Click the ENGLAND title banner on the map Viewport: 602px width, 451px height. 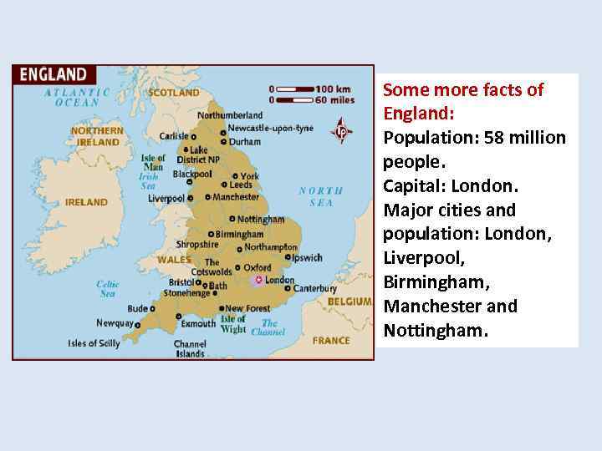[54, 74]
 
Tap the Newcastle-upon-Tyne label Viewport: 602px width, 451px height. [270, 128]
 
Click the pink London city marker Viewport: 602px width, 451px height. [259, 280]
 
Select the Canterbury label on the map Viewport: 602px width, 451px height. [314, 289]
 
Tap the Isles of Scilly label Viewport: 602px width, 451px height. [94, 343]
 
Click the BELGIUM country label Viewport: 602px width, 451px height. [349, 301]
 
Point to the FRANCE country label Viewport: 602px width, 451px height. [331, 341]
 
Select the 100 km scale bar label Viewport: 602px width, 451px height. [335, 89]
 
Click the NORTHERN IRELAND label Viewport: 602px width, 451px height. [97, 136]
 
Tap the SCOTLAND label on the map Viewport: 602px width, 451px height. [174, 93]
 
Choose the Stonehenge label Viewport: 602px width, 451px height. [187, 294]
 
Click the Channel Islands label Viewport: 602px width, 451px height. [190, 349]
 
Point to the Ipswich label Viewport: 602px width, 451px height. [307, 258]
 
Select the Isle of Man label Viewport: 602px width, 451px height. [153, 162]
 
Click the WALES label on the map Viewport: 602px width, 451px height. [175, 260]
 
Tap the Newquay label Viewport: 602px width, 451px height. [115, 323]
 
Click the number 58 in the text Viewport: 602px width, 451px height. [495, 137]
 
